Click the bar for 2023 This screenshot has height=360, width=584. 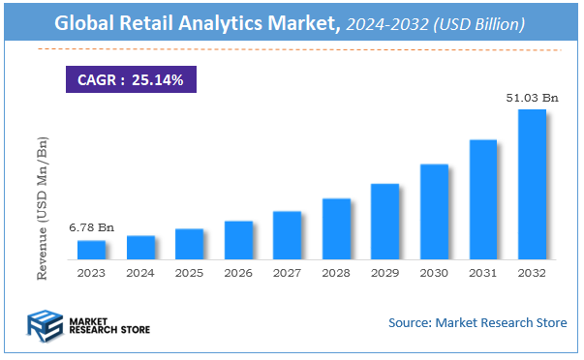point(91,251)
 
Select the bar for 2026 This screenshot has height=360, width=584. point(238,241)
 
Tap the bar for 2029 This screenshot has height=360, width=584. point(384,222)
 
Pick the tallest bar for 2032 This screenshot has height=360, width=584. point(532,185)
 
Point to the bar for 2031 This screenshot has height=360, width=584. point(482,200)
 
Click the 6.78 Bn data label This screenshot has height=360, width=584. point(91,227)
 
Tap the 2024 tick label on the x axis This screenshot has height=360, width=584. point(140,274)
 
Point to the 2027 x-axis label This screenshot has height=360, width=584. point(287,274)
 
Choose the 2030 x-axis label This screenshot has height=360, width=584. point(434,274)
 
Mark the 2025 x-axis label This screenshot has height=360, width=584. point(189,274)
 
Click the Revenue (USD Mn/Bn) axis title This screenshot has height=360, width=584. point(43,208)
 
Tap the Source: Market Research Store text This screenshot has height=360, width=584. point(477,322)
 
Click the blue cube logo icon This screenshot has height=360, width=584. point(44,325)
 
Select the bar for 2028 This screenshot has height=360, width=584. point(336,229)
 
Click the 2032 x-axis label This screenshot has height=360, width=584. point(532,274)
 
